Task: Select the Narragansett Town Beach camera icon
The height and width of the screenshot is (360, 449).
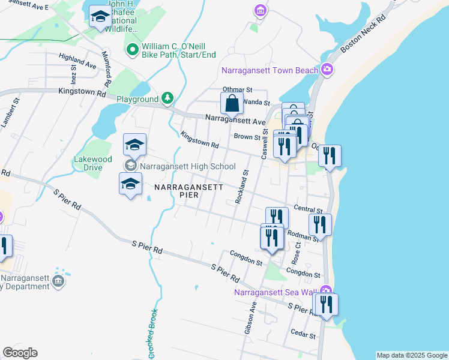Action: [x=327, y=70]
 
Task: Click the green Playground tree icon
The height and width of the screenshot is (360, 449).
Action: [x=168, y=98]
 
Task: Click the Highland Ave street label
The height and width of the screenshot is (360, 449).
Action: [x=77, y=61]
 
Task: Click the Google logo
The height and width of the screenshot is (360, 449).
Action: [x=20, y=353]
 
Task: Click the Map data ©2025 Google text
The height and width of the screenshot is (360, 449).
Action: [x=412, y=355]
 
